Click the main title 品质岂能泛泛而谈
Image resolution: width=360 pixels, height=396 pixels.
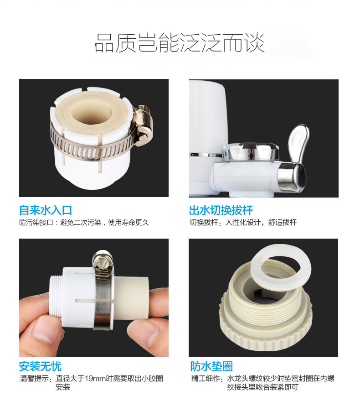click(x=180, y=43)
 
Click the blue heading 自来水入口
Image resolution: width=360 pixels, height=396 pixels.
click(x=46, y=210)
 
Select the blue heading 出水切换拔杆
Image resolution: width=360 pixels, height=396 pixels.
click(x=221, y=210)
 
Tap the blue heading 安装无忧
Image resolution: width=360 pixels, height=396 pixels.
click(x=41, y=366)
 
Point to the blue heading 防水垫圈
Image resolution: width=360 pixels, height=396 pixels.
click(x=211, y=366)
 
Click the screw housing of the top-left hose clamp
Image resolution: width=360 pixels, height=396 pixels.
click(x=143, y=124)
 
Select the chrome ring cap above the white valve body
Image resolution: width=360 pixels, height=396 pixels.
click(x=251, y=151)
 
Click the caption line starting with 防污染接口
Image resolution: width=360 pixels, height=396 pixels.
click(x=84, y=223)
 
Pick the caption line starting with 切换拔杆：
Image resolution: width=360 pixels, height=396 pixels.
click(x=243, y=223)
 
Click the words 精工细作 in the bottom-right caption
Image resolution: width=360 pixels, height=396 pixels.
click(x=205, y=379)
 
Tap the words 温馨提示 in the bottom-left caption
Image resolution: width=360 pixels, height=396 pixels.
click(x=34, y=379)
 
